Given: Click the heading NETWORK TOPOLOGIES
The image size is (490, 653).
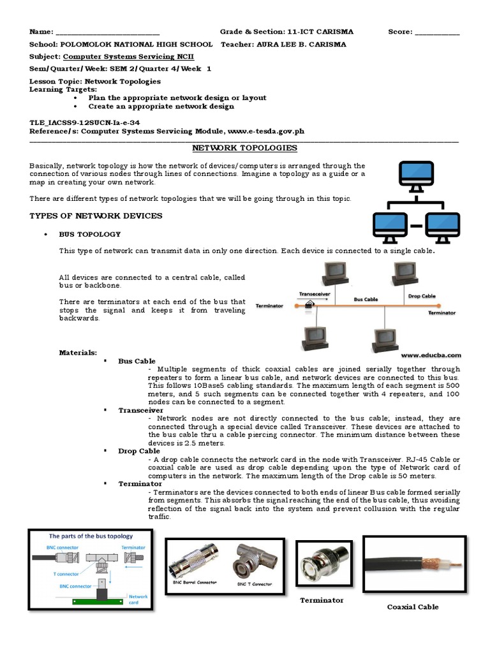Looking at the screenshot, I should tap(244, 148).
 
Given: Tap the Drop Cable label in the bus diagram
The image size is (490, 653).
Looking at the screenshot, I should tap(422, 296).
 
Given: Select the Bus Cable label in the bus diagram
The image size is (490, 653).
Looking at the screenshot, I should tap(366, 298).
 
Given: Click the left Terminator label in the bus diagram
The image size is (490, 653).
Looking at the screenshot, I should tap(269, 305).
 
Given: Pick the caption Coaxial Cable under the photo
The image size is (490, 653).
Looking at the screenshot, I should tap(413, 606).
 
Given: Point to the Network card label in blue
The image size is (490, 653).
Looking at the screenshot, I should tap(138, 599).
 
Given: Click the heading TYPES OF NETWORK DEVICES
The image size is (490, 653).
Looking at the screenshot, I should tap(96, 216).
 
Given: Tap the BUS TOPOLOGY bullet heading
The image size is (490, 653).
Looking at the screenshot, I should tap(90, 235).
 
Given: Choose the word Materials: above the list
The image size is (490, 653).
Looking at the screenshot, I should tap(78, 352).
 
